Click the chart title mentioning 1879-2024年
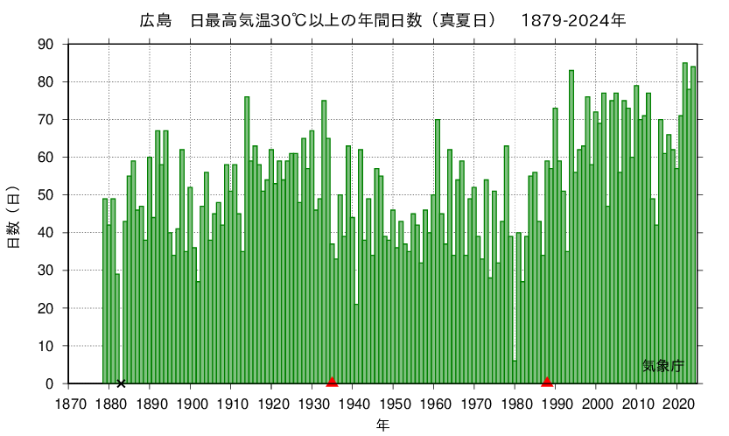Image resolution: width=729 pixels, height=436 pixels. (x=382, y=20)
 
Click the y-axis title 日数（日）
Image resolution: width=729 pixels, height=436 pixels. (x=15, y=214)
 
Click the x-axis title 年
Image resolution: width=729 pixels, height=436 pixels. (x=383, y=425)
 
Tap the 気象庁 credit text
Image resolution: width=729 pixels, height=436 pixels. (x=662, y=366)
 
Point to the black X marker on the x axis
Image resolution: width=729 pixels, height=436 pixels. (x=121, y=383)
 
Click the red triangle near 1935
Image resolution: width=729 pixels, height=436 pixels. (x=332, y=381)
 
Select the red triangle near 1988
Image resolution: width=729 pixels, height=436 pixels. (x=547, y=381)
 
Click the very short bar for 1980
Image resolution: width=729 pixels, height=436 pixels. (x=515, y=373)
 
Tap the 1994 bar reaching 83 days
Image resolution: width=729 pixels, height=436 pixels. (x=571, y=228)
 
